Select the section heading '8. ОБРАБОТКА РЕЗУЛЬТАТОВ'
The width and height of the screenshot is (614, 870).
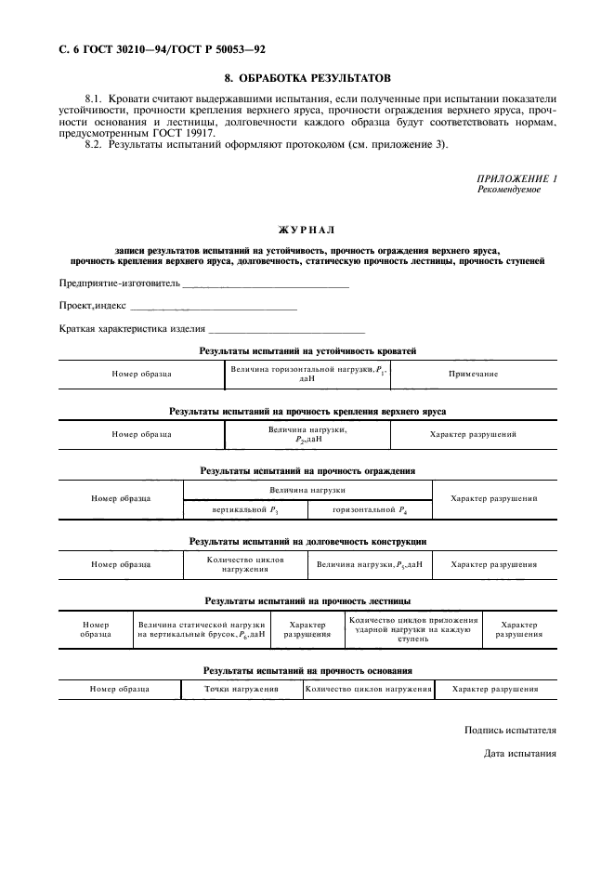[x=307, y=78]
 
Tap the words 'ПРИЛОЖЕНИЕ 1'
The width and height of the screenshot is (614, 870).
[x=516, y=177]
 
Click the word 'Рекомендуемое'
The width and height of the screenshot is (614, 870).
[x=508, y=189]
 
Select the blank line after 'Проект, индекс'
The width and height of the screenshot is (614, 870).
[x=213, y=306]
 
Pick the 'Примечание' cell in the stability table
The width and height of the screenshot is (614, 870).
[x=473, y=374]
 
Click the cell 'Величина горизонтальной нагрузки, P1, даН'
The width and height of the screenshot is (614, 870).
[x=307, y=374]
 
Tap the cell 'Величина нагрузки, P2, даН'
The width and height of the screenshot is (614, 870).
[x=307, y=434]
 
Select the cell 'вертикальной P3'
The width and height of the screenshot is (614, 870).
[x=245, y=510]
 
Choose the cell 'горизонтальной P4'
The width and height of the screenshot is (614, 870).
[x=369, y=510]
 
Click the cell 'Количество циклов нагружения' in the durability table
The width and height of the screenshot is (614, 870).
[x=245, y=564]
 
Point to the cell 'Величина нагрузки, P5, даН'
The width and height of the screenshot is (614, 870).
[x=369, y=564]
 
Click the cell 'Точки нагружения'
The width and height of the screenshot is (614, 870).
[x=242, y=690]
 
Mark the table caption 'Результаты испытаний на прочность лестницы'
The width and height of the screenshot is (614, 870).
[x=307, y=600]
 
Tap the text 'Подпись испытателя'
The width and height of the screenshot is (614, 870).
[x=510, y=731]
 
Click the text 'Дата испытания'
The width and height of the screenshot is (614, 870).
[x=520, y=753]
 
